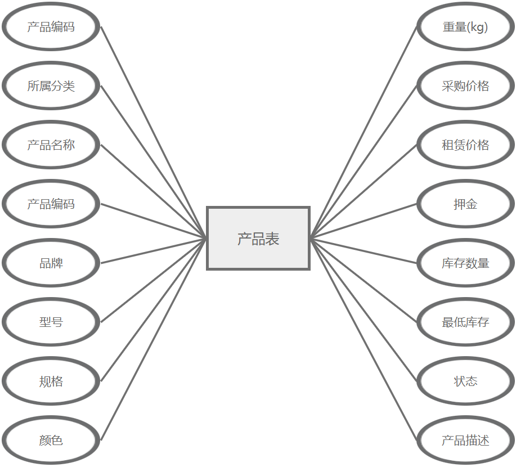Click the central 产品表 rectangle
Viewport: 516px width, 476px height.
[258, 239]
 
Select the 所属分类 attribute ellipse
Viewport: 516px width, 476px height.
[51, 86]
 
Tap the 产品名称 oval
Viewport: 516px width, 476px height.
[51, 145]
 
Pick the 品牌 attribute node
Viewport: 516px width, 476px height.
[51, 263]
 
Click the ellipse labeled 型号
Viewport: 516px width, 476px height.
[51, 322]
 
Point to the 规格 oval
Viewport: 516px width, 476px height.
[51, 381]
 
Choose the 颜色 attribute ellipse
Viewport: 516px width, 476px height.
[51, 441]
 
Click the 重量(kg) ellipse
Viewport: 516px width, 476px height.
[465, 27]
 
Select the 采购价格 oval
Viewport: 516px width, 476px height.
[465, 86]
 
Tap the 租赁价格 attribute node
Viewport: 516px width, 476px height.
[465, 145]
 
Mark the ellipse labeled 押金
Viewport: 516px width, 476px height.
[465, 204]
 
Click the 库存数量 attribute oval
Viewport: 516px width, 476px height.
[465, 263]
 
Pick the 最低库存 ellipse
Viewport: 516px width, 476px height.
[465, 322]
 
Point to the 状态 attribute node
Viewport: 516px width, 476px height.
[465, 381]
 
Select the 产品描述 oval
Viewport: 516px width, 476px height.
[465, 441]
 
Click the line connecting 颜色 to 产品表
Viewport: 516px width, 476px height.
[154, 340]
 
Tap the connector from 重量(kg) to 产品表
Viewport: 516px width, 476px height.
[364, 133]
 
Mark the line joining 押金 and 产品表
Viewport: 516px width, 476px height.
[364, 221]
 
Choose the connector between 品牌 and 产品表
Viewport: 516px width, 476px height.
[154, 251]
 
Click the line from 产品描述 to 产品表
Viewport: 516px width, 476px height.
[364, 339]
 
